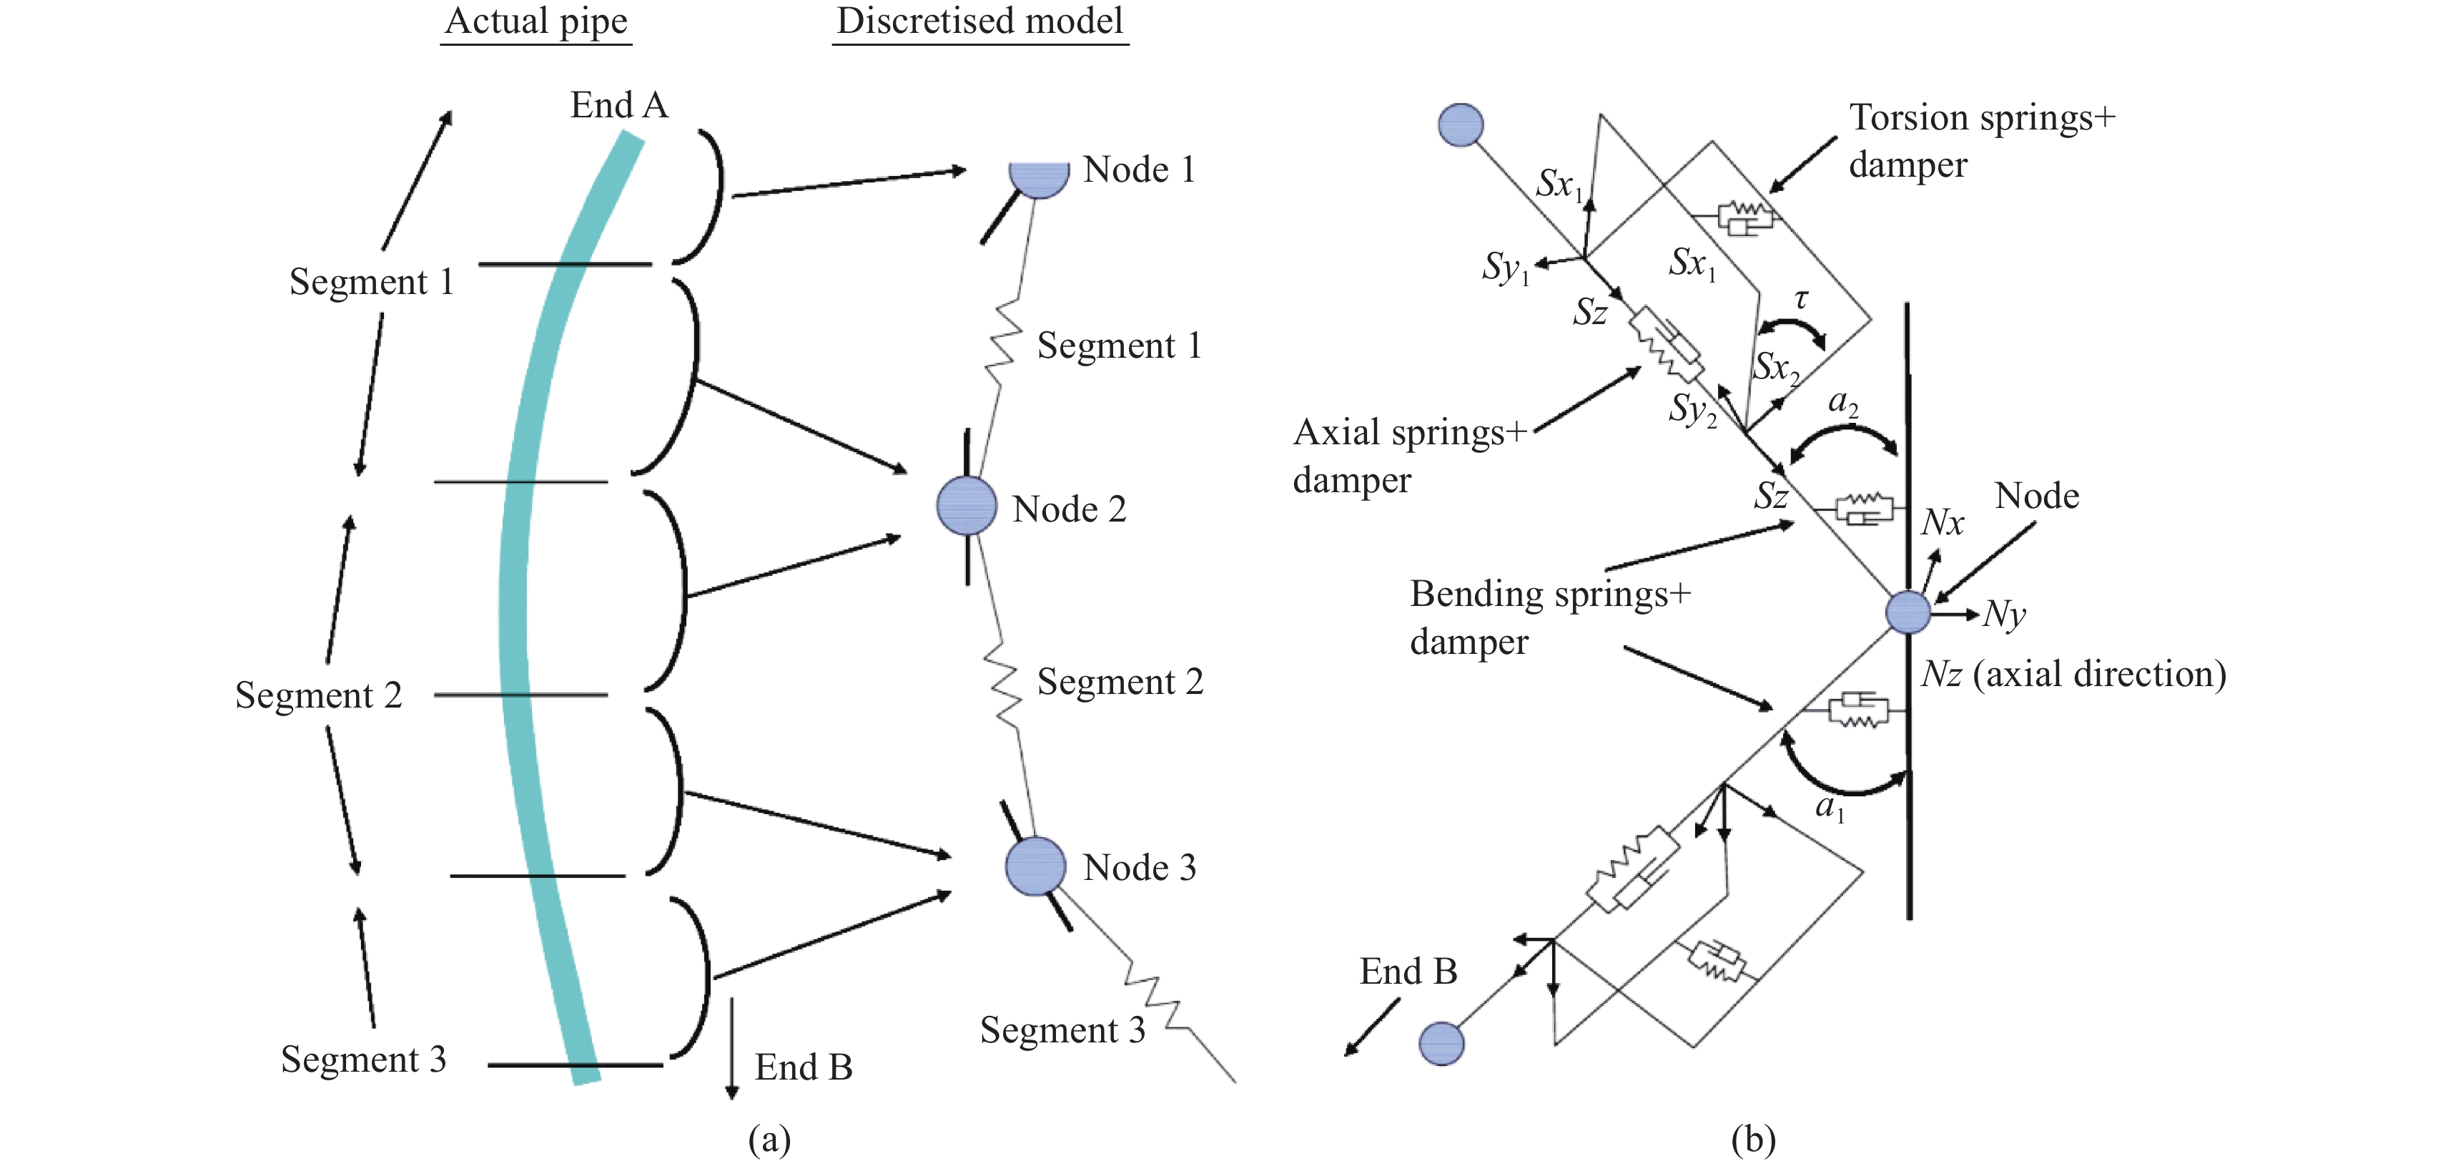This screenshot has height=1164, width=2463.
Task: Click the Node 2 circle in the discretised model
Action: click(x=967, y=505)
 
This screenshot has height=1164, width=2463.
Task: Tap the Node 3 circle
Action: click(x=1035, y=866)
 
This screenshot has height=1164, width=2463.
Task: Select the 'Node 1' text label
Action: click(x=1139, y=170)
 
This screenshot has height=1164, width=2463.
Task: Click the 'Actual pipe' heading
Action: click(x=536, y=21)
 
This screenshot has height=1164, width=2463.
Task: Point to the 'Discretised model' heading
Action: click(x=980, y=21)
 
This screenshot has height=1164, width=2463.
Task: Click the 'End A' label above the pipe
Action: click(x=618, y=105)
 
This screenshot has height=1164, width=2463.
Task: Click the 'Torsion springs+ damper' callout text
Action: click(x=1981, y=141)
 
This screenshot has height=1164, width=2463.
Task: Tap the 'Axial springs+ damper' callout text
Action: click(x=1409, y=455)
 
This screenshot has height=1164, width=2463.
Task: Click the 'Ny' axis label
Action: click(x=2004, y=614)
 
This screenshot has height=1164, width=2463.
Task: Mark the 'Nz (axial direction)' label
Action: click(x=2073, y=675)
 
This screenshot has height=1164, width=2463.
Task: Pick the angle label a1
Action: click(x=1829, y=808)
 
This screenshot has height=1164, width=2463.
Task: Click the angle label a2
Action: click(x=1842, y=404)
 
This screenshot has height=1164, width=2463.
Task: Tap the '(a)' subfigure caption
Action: click(x=770, y=1139)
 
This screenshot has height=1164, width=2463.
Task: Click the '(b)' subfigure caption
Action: click(x=1754, y=1139)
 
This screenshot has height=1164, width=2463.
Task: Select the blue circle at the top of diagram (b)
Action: click(x=1460, y=125)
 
